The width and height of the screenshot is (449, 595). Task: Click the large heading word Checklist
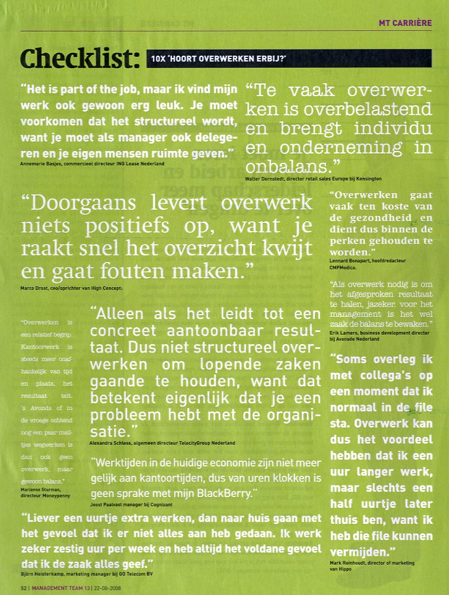(x=80, y=59)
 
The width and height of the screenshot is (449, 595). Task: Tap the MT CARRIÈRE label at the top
(x=405, y=23)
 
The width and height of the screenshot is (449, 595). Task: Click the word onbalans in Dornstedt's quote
(x=284, y=167)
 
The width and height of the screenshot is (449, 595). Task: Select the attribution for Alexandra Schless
(x=162, y=443)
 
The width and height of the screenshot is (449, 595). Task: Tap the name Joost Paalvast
(x=107, y=504)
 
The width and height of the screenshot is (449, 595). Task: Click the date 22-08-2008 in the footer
(x=107, y=588)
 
